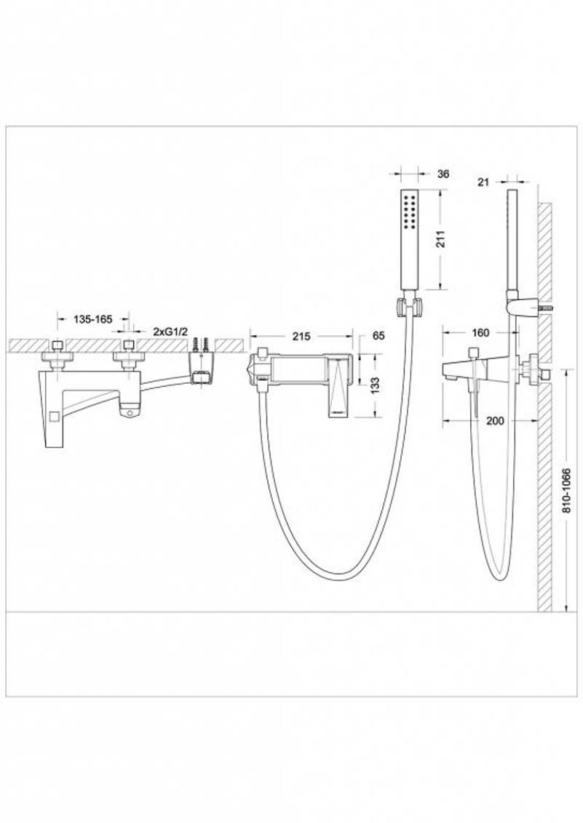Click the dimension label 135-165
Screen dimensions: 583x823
point(92,319)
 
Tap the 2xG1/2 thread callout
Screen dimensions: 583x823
point(170,332)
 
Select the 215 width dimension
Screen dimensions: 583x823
point(301,337)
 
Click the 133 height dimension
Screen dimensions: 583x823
point(375,385)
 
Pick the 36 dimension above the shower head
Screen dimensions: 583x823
point(443,174)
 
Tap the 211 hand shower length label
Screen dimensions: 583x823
point(440,238)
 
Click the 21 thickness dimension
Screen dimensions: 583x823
point(484,182)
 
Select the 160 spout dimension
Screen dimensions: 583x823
point(480,332)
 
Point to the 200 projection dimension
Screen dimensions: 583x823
point(495,420)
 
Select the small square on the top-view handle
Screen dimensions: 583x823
point(54,418)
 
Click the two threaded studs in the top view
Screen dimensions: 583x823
point(200,345)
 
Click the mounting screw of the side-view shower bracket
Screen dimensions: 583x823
point(547,308)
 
